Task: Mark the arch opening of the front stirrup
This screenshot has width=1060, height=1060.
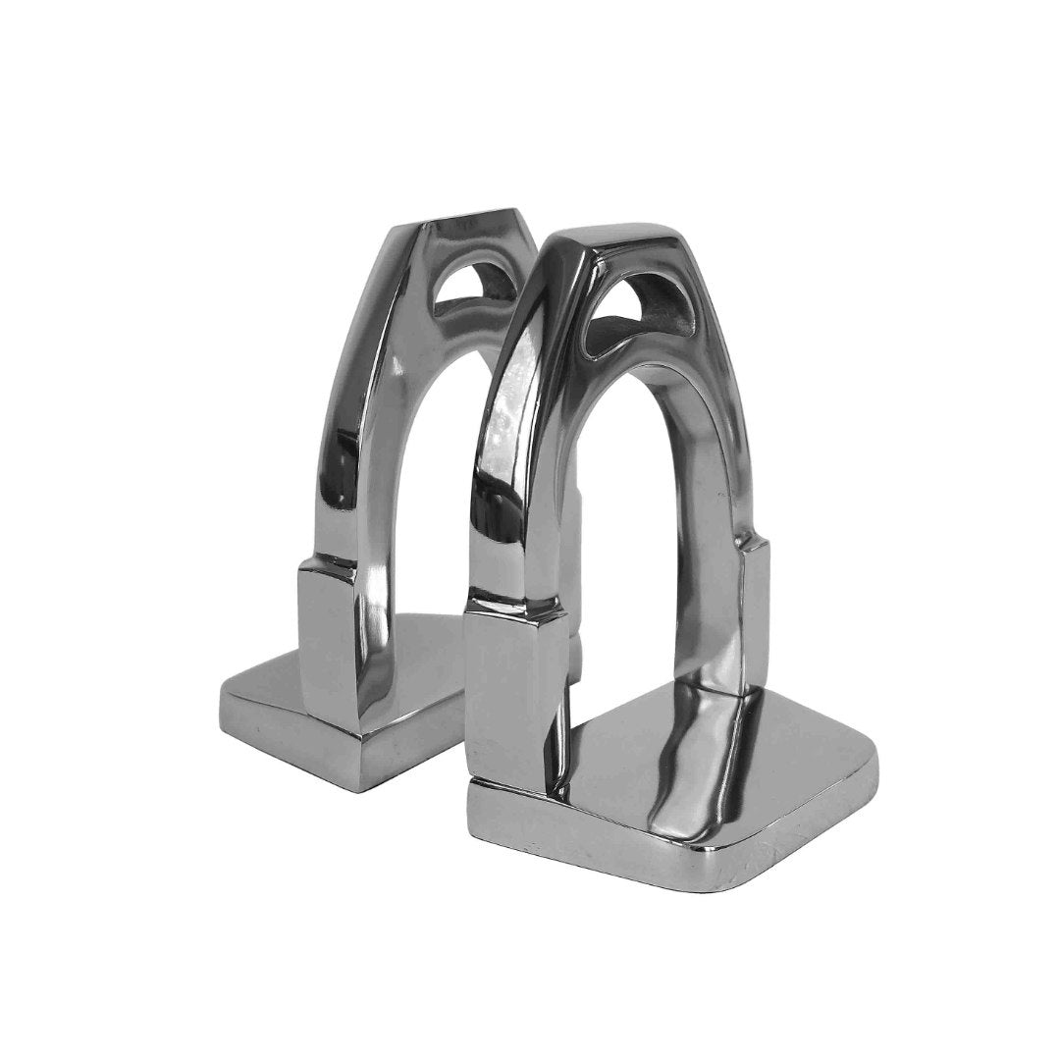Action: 648,550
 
